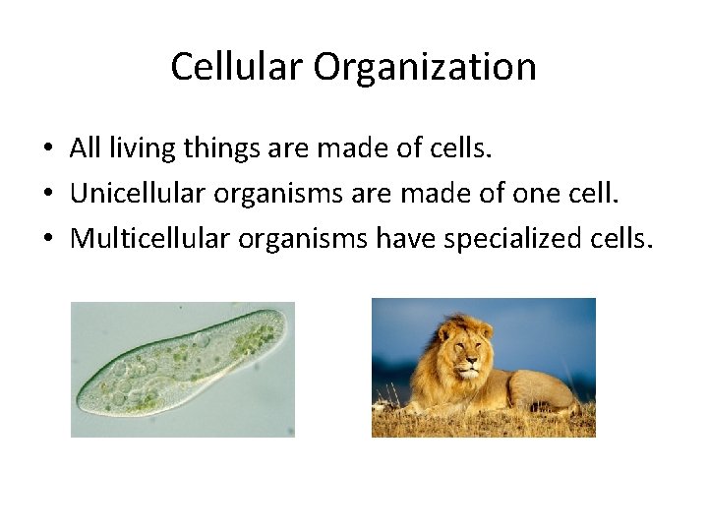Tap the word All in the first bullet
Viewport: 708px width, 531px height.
click(86, 148)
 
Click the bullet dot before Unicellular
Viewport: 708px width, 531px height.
click(47, 195)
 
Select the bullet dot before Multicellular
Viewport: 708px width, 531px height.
click(47, 239)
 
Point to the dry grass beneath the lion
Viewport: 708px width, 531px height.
click(482, 423)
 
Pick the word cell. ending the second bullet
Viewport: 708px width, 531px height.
click(593, 194)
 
